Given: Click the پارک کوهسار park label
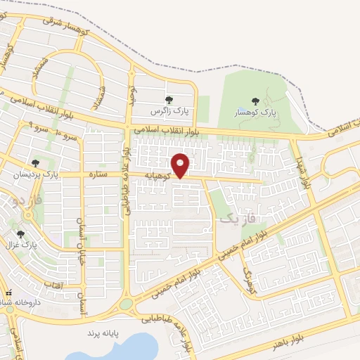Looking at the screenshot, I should tap(257, 112).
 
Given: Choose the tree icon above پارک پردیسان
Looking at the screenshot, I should tap(35, 162).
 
